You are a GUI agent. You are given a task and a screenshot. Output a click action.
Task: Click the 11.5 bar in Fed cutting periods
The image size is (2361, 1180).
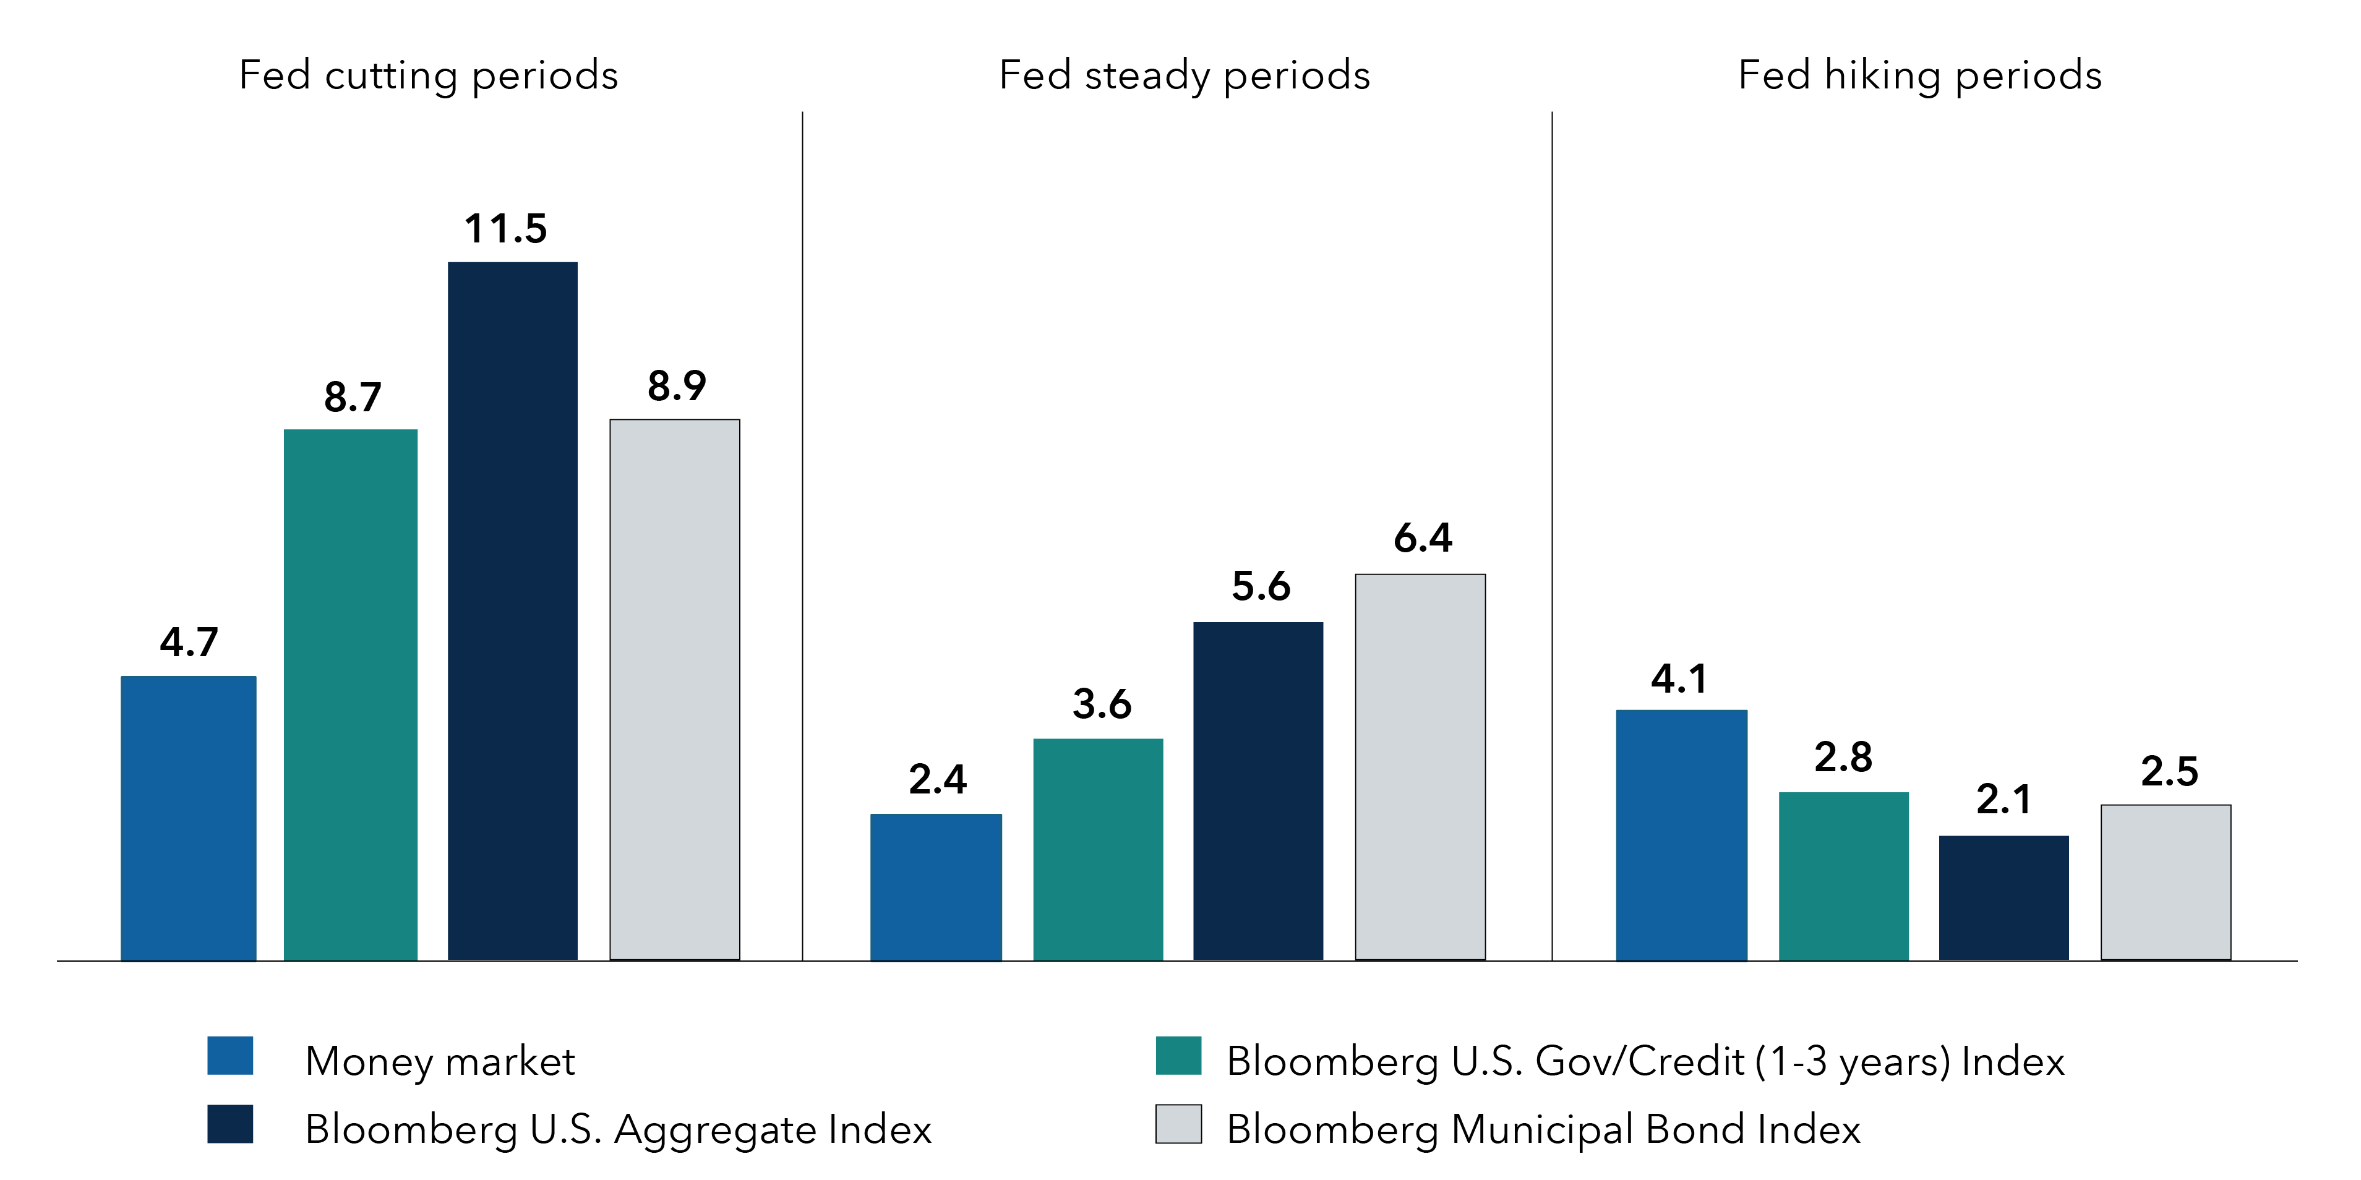click(512, 611)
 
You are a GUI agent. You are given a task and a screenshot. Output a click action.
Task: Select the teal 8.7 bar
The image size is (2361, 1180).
click(350, 695)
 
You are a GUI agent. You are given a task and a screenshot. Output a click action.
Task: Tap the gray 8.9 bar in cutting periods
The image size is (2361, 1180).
click(675, 689)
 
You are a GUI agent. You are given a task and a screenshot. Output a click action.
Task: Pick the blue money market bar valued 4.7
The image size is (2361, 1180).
click(188, 818)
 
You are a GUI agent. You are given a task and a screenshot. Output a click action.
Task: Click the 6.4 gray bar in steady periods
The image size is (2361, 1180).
click(1420, 767)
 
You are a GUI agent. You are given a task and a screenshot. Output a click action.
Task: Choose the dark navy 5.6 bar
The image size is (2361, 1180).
click(1258, 790)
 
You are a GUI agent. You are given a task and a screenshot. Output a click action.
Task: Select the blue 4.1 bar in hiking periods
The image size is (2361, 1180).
click(1681, 835)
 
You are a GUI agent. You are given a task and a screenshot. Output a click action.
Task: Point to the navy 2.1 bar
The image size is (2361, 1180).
click(2003, 898)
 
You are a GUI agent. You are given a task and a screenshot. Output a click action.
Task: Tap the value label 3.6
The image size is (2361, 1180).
click(1101, 704)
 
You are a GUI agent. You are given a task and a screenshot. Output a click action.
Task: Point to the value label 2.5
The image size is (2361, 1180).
click(2169, 771)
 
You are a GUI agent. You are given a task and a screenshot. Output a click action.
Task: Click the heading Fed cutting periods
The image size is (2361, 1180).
click(428, 75)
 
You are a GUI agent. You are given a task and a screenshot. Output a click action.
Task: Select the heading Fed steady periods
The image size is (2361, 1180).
click(1184, 75)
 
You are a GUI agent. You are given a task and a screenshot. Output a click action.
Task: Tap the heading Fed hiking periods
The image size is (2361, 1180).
click(1919, 75)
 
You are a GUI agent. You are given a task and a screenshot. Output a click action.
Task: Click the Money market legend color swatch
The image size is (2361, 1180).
click(230, 1056)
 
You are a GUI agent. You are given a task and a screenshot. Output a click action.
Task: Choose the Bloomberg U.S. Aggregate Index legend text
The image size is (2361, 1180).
click(618, 1129)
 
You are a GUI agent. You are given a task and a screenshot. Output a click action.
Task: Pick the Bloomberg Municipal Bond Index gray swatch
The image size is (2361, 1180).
click(1178, 1124)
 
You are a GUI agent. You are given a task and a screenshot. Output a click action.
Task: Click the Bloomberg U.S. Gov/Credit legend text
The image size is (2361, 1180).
click(1645, 1061)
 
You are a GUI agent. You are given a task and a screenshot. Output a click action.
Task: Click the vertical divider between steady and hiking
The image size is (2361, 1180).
click(1552, 536)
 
